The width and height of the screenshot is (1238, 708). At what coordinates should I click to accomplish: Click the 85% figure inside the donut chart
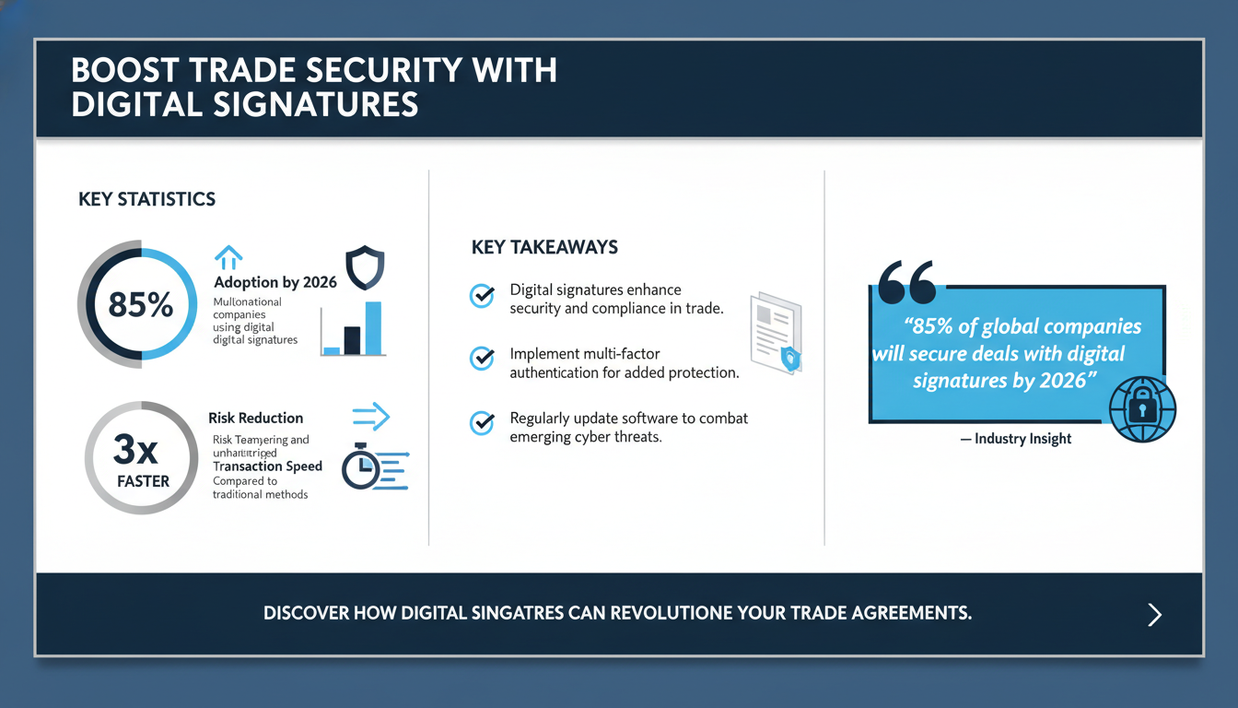(x=140, y=304)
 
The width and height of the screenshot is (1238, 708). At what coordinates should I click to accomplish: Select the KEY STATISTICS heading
(x=147, y=199)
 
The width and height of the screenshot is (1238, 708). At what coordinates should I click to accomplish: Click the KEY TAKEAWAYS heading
(x=544, y=247)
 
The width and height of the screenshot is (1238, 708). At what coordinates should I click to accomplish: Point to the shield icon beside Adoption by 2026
(x=364, y=267)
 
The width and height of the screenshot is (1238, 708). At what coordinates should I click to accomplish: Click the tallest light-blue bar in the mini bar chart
(x=373, y=327)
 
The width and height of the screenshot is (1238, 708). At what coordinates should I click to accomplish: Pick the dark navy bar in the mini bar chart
(x=352, y=339)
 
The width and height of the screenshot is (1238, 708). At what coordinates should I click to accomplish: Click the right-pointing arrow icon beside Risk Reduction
(x=371, y=417)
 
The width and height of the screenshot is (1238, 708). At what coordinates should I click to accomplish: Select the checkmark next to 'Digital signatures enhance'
(x=482, y=296)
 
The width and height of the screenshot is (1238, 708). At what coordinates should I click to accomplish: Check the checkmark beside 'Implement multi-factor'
(x=482, y=359)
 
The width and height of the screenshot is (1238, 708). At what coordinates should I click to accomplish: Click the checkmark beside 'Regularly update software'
(x=482, y=423)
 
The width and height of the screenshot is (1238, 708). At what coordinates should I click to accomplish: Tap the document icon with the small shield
(x=775, y=333)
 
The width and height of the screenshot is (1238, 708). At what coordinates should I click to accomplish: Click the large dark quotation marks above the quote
(x=907, y=282)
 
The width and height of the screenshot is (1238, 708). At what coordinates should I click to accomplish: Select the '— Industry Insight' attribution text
(x=1016, y=439)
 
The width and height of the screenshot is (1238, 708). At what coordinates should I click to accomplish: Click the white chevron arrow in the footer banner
(x=1155, y=615)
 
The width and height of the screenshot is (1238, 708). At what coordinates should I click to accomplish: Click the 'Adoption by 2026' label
(x=275, y=282)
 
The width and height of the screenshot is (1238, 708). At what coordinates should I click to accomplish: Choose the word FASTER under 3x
(x=143, y=480)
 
